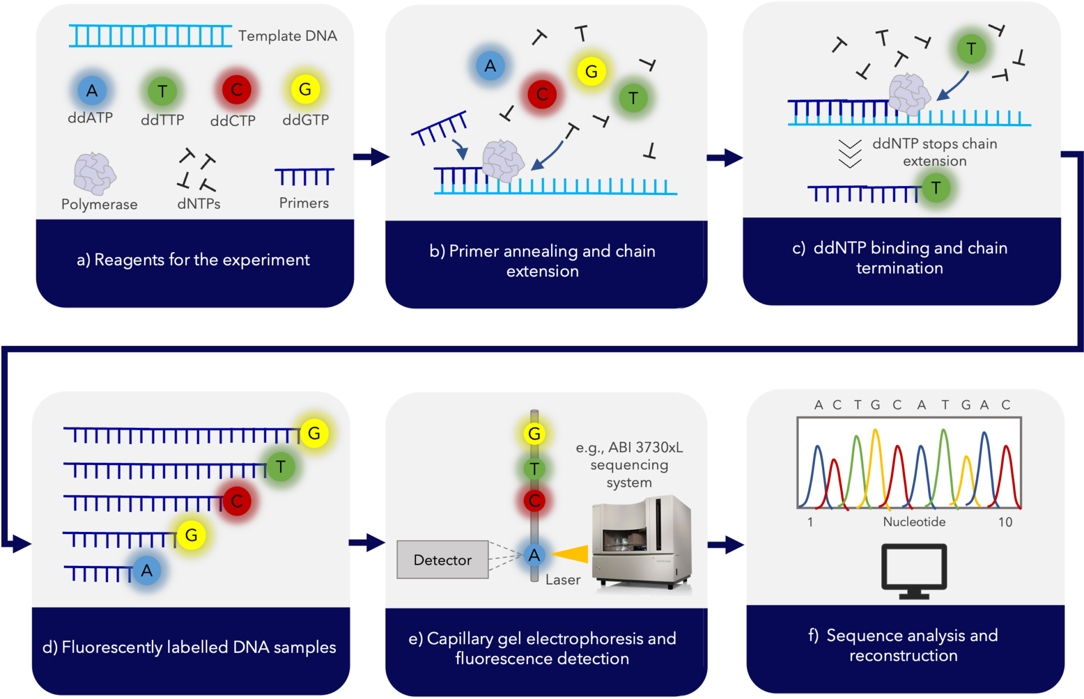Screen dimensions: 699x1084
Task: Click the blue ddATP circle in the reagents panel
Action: tap(92, 90)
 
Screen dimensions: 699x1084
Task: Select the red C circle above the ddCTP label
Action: tap(237, 90)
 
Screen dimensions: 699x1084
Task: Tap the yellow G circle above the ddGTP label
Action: tap(305, 89)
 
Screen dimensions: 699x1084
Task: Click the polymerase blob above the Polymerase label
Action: tap(95, 174)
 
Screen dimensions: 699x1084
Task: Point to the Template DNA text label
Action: tap(287, 36)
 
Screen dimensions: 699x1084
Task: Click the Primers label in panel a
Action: tap(304, 203)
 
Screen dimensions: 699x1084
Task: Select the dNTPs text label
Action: tap(199, 204)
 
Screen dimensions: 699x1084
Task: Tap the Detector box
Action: tap(442, 560)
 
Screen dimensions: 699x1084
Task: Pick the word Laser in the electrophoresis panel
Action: tap(563, 580)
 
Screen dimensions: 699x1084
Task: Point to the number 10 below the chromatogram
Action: tap(1005, 522)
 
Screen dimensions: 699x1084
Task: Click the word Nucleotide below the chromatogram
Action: tap(914, 522)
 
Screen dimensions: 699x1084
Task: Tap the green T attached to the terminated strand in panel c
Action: tap(936, 188)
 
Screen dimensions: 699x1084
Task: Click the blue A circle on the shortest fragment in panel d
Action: tap(147, 570)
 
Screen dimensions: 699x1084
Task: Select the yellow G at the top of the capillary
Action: tap(534, 434)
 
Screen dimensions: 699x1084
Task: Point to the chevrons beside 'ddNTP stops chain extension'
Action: tap(850, 153)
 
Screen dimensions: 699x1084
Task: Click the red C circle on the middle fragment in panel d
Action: tap(237, 501)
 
